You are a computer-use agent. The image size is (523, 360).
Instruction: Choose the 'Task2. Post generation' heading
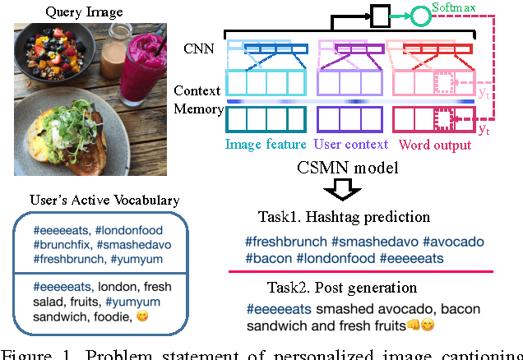point(331,288)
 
